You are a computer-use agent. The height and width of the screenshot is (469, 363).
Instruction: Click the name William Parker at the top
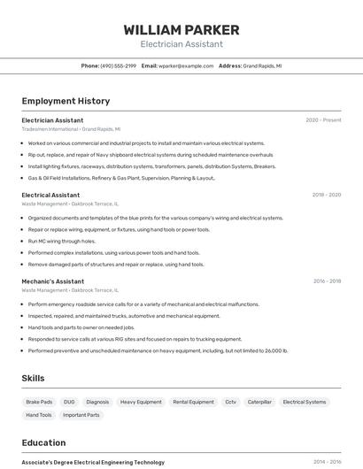tap(181, 30)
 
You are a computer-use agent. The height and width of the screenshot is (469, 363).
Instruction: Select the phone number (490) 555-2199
tap(119, 65)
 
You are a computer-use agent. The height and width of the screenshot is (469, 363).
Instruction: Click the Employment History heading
tap(66, 101)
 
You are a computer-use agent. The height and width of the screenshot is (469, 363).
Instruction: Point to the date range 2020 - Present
tap(323, 120)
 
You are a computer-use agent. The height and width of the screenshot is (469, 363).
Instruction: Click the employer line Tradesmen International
tap(71, 128)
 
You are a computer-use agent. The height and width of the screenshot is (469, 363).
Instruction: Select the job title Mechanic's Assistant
tap(53, 281)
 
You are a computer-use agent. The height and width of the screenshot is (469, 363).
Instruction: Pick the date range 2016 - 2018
tap(327, 281)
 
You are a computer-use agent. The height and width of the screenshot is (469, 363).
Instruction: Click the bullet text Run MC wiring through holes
tap(62, 241)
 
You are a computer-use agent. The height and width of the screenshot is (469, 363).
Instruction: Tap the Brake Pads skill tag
tap(39, 402)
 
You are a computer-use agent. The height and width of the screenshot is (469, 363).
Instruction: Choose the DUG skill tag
tap(69, 402)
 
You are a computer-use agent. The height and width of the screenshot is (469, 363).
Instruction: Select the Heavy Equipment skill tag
tap(141, 402)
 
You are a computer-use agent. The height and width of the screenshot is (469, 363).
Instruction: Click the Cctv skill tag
tap(230, 402)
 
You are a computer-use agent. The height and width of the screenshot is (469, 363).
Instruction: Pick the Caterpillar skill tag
tap(259, 402)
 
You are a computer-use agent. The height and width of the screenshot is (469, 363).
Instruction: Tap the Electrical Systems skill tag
tap(304, 402)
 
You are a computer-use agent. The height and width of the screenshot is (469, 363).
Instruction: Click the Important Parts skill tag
tap(81, 415)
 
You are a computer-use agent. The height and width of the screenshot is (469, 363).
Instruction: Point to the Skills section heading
tap(33, 378)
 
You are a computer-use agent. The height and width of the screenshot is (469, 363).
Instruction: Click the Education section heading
tap(43, 442)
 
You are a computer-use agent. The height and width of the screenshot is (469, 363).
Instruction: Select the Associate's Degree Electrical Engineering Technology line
tap(93, 462)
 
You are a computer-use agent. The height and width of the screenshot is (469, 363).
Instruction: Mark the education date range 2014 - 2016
tap(327, 462)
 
